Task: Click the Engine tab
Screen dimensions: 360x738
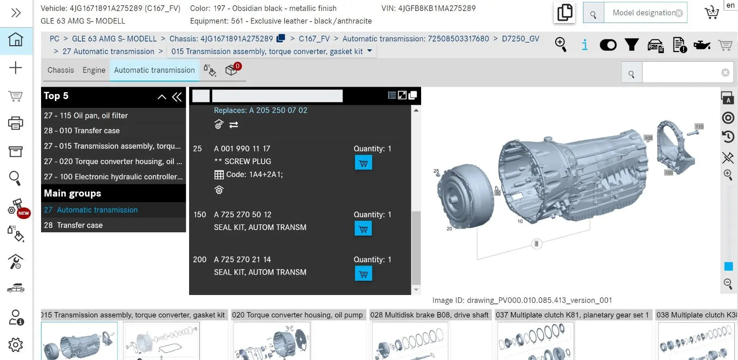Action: pyautogui.click(x=94, y=70)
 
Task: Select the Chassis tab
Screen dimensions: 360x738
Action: pyautogui.click(x=60, y=70)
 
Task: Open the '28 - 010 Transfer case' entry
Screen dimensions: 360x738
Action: pyautogui.click(x=82, y=130)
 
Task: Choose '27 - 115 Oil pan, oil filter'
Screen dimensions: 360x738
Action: pyautogui.click(x=86, y=115)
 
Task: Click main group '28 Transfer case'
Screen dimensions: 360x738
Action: pyautogui.click(x=73, y=225)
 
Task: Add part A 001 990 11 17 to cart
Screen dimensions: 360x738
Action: pyautogui.click(x=363, y=163)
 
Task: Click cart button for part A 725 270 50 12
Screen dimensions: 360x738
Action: pyautogui.click(x=363, y=229)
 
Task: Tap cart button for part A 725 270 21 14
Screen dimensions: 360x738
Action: pyautogui.click(x=363, y=274)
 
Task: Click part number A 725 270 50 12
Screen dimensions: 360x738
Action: pyautogui.click(x=243, y=214)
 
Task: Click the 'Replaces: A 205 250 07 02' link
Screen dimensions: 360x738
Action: pyautogui.click(x=260, y=110)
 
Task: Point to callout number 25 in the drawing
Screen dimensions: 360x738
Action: pyautogui.click(x=436, y=171)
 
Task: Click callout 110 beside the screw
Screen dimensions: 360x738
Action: pyautogui.click(x=699, y=126)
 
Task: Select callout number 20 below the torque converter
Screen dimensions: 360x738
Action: pyautogui.click(x=449, y=229)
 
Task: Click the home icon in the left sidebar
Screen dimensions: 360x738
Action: pyautogui.click(x=16, y=40)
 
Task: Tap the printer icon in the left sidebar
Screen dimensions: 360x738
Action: pyautogui.click(x=16, y=123)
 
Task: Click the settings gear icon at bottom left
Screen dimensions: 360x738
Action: pyautogui.click(x=16, y=344)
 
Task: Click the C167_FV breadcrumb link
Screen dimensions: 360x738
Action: pyautogui.click(x=314, y=39)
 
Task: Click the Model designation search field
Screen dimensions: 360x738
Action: pyautogui.click(x=643, y=13)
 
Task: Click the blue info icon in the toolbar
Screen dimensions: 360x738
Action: pyautogui.click(x=584, y=45)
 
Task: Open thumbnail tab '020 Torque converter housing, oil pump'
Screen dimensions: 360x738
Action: pyautogui.click(x=298, y=315)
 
